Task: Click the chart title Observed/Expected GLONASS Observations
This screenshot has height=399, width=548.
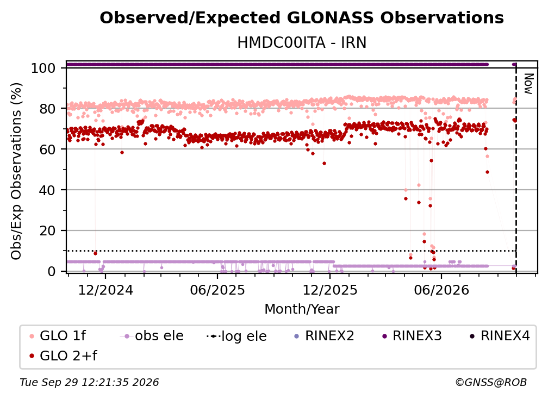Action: pyautogui.click(x=302, y=18)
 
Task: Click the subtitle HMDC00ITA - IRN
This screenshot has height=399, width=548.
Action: pyautogui.click(x=302, y=42)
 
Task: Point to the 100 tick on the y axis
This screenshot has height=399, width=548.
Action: pyautogui.click(x=48, y=68)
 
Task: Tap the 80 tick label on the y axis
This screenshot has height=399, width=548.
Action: pyautogui.click(x=48, y=109)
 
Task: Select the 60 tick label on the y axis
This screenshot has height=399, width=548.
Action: pyautogui.click(x=48, y=149)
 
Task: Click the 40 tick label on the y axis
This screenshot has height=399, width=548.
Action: pyautogui.click(x=48, y=190)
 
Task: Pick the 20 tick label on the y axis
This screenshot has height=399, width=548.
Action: pyautogui.click(x=48, y=230)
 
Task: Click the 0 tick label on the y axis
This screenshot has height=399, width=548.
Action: pyautogui.click(x=52, y=271)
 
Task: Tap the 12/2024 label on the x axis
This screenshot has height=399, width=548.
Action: pyautogui.click(x=105, y=290)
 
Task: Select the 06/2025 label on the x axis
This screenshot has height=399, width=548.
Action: pyautogui.click(x=217, y=290)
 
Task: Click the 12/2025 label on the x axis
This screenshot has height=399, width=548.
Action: pyautogui.click(x=329, y=290)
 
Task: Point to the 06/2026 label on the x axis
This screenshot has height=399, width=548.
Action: pyautogui.click(x=441, y=290)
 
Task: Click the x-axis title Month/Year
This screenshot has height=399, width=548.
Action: pyautogui.click(x=302, y=309)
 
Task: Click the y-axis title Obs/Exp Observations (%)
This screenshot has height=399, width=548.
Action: pyautogui.click(x=16, y=171)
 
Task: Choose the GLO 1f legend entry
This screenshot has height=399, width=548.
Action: pyautogui.click(x=58, y=336)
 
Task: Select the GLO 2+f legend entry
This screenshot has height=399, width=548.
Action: pyautogui.click(x=63, y=356)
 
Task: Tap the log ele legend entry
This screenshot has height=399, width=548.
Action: pyautogui.click(x=236, y=336)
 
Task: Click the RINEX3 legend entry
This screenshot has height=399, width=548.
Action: pyautogui.click(x=412, y=336)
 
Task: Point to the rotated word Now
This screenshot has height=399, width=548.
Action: pyautogui.click(x=529, y=84)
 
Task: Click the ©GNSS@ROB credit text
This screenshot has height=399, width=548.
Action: pyautogui.click(x=491, y=382)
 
